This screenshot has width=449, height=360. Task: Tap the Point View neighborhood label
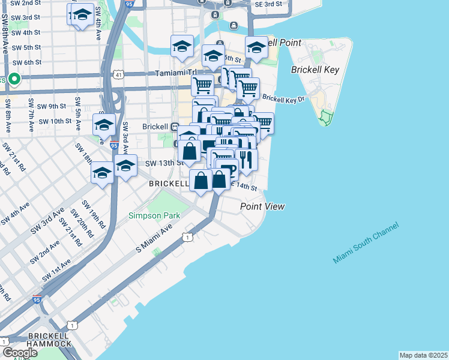point(262,206)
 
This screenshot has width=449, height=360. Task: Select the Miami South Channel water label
point(366,243)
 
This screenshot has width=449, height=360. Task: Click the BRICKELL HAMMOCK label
point(36,344)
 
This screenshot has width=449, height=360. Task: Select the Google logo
point(19,353)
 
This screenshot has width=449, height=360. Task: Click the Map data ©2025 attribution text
point(423,355)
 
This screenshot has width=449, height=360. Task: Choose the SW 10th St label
point(55,121)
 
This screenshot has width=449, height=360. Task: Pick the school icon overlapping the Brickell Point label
point(256,49)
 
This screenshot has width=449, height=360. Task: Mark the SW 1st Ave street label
point(56,271)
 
